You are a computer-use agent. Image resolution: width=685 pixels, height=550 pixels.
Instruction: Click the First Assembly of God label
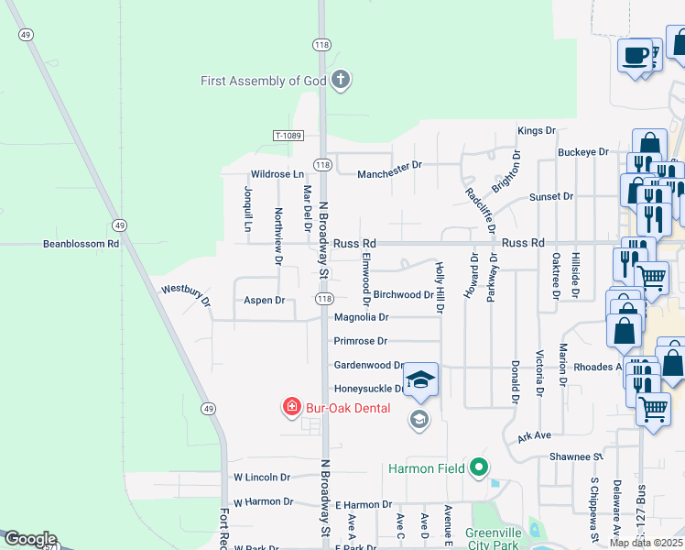(264, 81)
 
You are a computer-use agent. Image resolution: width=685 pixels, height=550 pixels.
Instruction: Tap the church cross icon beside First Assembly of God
(341, 80)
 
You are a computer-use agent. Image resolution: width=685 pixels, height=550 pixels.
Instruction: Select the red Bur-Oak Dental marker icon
(292, 406)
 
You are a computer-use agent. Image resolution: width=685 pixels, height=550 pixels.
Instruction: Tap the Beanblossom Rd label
(82, 245)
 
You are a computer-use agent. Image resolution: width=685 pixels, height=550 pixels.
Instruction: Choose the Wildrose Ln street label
(277, 174)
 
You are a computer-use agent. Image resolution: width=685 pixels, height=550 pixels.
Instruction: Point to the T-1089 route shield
(288, 136)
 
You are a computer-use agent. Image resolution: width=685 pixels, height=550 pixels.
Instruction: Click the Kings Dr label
(537, 131)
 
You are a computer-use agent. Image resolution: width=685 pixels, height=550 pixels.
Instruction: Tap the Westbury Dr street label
(186, 294)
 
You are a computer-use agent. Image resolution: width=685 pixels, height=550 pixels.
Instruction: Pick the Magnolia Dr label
(362, 317)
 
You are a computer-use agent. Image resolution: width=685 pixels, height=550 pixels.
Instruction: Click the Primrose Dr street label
(361, 341)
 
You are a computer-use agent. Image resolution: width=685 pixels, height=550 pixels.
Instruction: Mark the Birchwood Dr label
(403, 295)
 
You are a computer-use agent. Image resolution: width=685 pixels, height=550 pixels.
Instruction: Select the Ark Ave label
(533, 436)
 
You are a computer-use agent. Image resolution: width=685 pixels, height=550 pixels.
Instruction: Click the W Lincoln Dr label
(262, 478)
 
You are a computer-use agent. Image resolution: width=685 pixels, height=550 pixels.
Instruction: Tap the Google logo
(29, 539)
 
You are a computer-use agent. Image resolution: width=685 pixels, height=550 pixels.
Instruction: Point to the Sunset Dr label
(551, 197)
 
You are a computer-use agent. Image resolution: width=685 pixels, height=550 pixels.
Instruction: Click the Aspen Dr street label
(264, 301)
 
